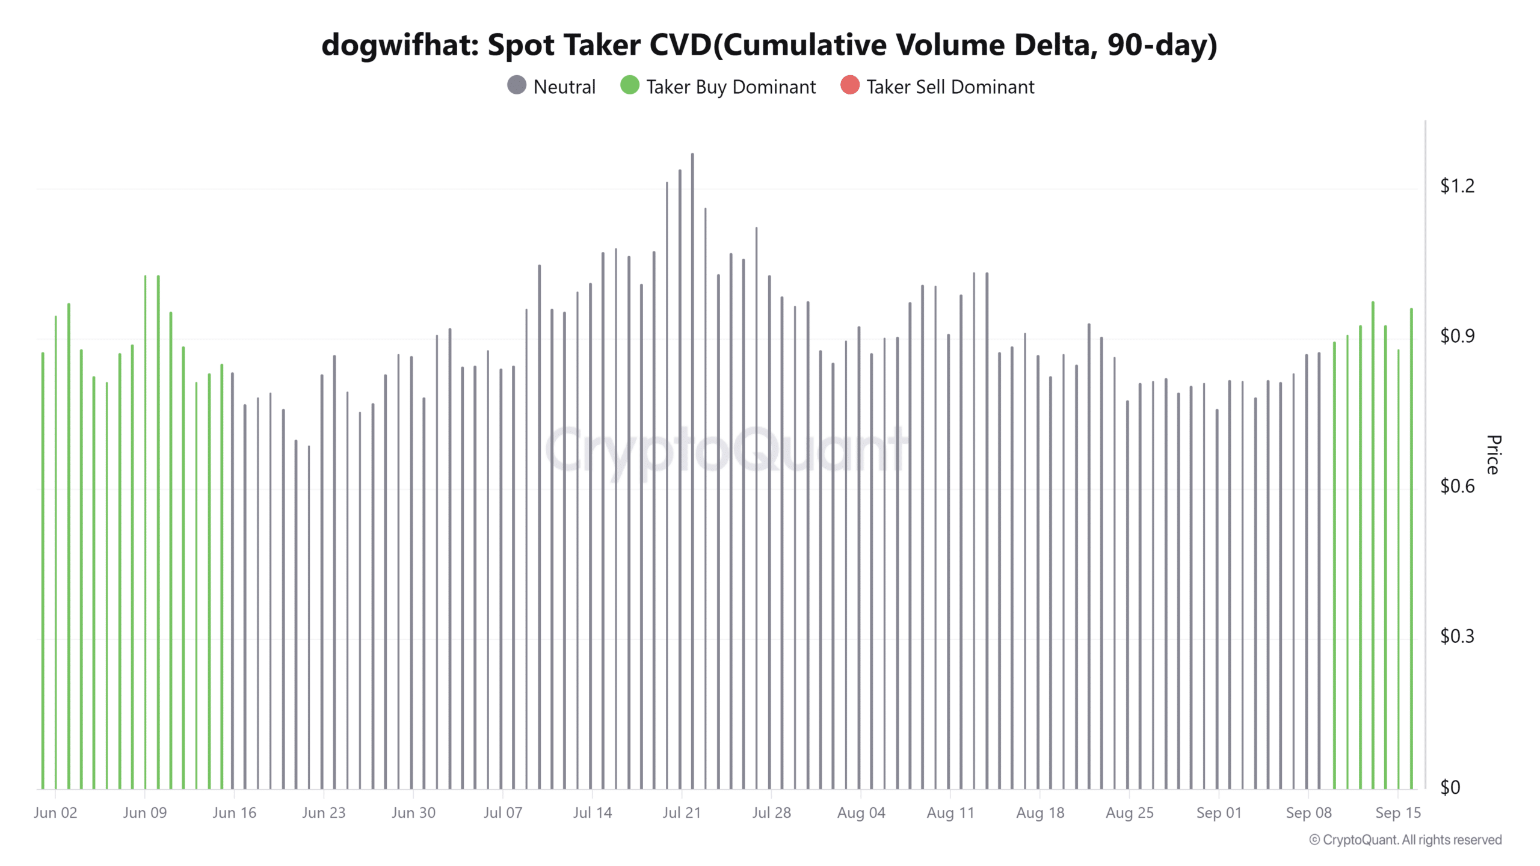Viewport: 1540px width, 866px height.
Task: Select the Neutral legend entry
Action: [x=551, y=87]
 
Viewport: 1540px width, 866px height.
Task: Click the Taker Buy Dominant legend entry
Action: [x=718, y=87]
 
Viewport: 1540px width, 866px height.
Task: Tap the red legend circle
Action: [x=850, y=85]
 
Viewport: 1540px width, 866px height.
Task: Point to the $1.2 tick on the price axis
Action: [x=1457, y=186]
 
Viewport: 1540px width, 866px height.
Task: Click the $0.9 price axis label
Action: [x=1457, y=336]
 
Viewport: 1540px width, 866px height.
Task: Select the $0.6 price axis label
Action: [x=1457, y=486]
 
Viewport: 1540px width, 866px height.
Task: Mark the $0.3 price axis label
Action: [x=1457, y=636]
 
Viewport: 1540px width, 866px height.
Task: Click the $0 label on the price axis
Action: [x=1450, y=787]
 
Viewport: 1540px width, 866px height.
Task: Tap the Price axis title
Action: [x=1493, y=455]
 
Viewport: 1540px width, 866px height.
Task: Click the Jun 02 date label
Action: [x=55, y=812]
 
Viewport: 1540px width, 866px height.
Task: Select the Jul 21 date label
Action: [x=682, y=812]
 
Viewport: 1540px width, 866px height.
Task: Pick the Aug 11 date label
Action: [x=950, y=812]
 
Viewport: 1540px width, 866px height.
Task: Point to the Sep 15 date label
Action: [x=1398, y=812]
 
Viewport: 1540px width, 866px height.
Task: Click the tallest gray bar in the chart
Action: [x=692, y=469]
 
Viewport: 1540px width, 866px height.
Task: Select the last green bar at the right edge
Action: [x=1411, y=547]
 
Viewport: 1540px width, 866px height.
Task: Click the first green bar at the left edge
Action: [x=43, y=571]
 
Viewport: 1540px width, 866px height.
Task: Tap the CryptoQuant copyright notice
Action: [x=1405, y=840]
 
